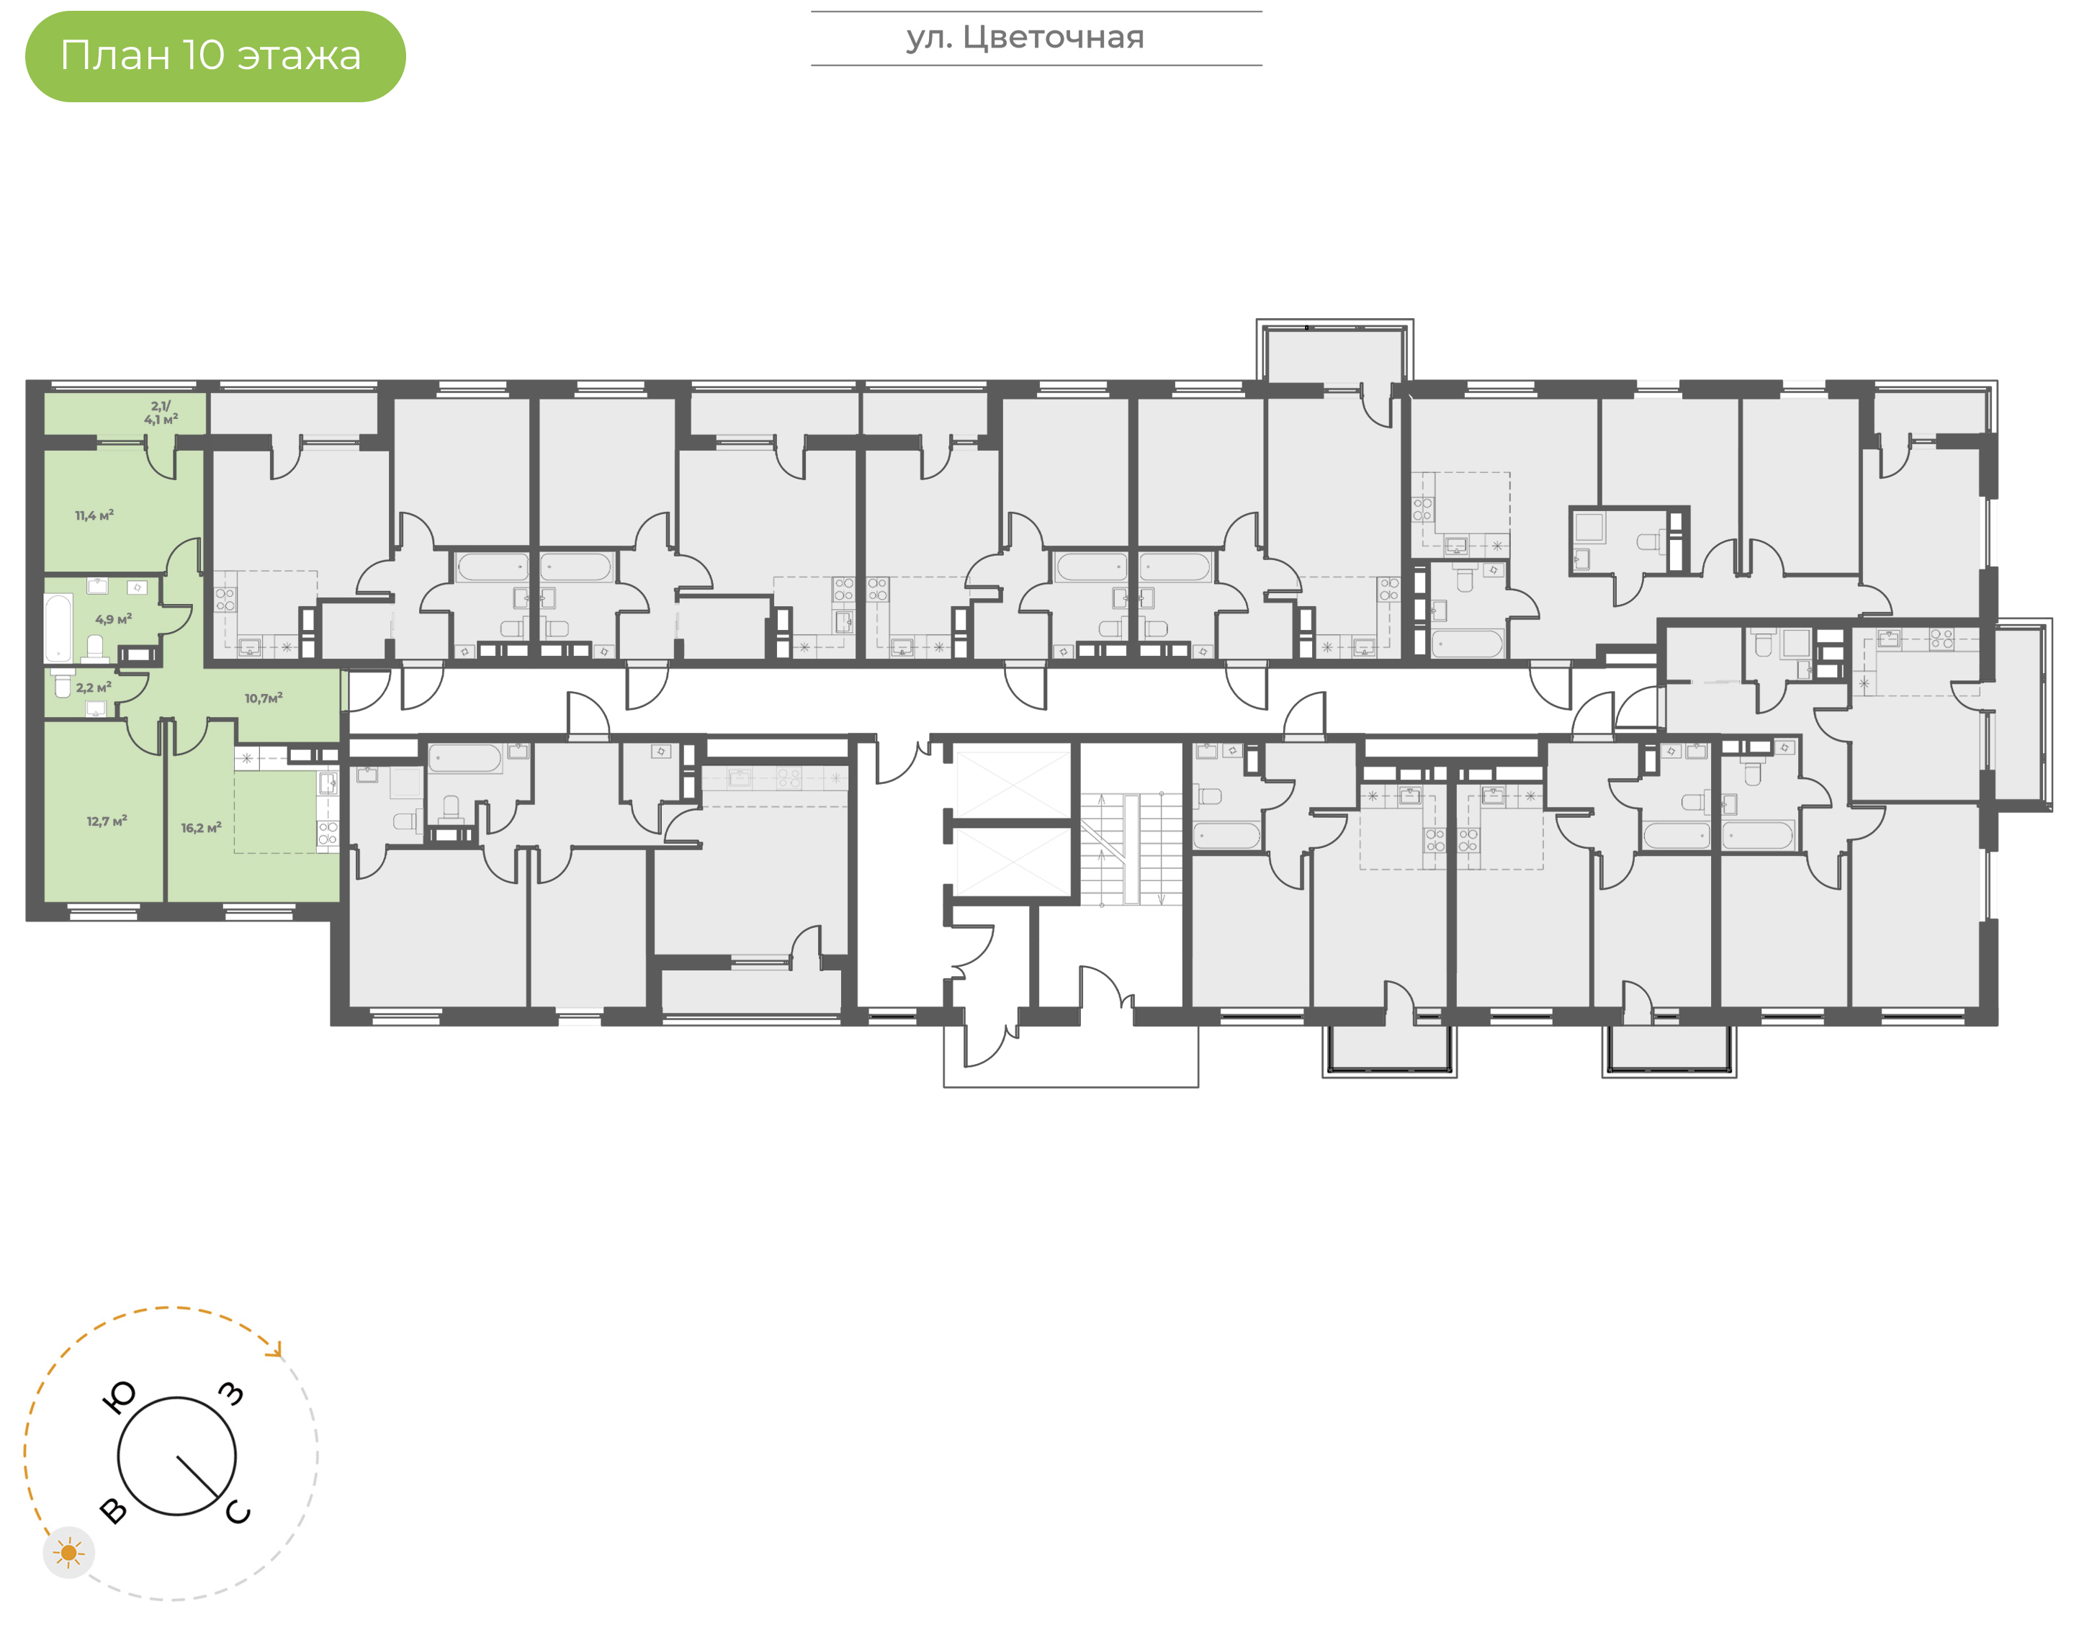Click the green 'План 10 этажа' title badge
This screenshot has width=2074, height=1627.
click(215, 56)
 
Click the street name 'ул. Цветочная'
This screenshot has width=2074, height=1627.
click(1025, 38)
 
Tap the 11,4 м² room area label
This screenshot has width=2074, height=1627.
click(94, 515)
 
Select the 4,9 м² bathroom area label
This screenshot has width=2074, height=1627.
click(113, 619)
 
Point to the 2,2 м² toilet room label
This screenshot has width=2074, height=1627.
click(94, 687)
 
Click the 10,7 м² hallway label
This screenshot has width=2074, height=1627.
click(264, 698)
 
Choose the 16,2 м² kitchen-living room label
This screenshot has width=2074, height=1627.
click(201, 828)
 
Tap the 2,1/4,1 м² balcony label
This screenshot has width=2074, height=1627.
click(161, 413)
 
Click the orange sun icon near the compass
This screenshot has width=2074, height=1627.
click(68, 1554)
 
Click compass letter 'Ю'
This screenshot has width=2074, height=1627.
click(119, 1398)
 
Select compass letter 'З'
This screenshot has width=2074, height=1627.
click(231, 1394)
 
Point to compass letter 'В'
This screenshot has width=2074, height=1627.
click(113, 1511)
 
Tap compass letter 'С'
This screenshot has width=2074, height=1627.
click(238, 1513)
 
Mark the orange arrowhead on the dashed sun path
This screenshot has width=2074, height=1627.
click(277, 1350)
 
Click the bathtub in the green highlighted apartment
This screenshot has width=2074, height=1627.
click(58, 628)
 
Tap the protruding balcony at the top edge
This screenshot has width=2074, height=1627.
click(1334, 353)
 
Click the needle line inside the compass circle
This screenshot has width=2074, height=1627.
click(197, 1477)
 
